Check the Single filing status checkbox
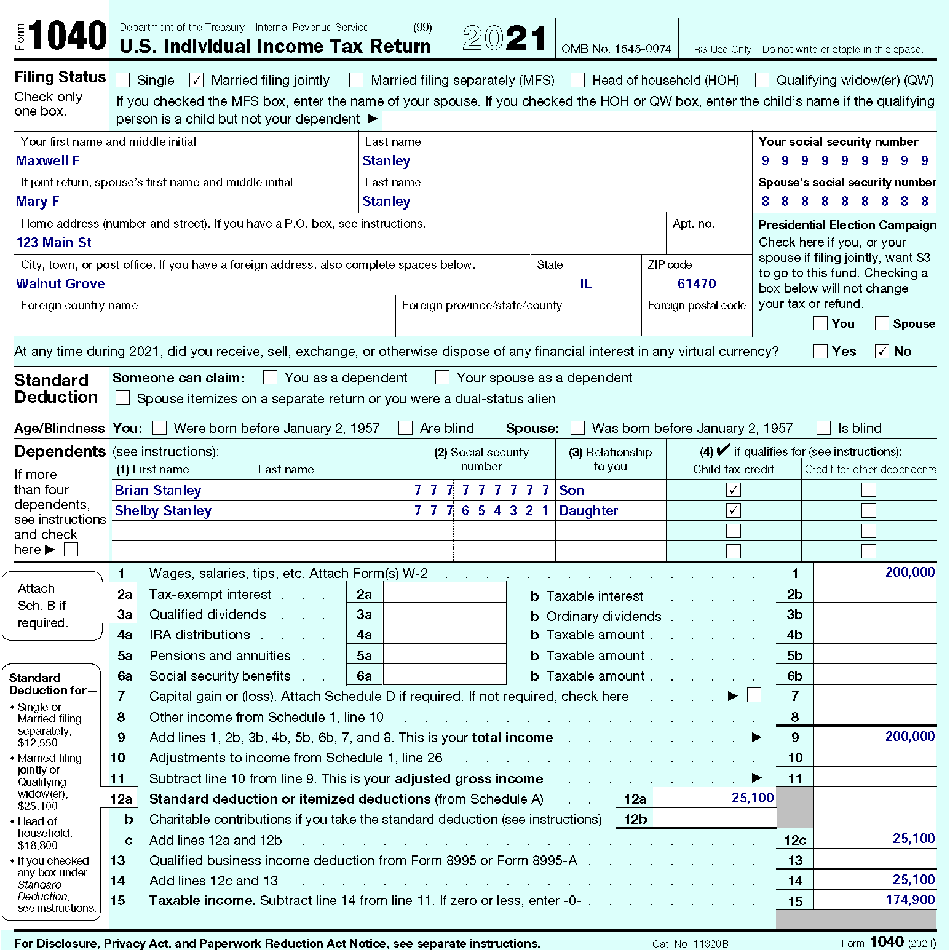tap(123, 80)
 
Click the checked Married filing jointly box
tap(197, 80)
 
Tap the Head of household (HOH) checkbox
tap(577, 80)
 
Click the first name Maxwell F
tap(48, 161)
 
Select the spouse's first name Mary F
tap(38, 202)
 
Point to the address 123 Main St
tap(54, 243)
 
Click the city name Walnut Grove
tap(60, 284)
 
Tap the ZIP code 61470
tap(697, 284)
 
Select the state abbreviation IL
tap(585, 284)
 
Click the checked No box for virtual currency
tap(882, 351)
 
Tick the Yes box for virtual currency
tap(820, 351)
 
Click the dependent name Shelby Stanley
tap(163, 511)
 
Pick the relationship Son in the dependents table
tap(571, 491)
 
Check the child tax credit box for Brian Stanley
tap(734, 490)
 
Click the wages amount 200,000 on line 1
tap(909, 572)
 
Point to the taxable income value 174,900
tap(910, 900)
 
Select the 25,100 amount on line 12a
tap(752, 798)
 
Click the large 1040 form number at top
tap(68, 36)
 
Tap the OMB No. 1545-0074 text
tap(616, 49)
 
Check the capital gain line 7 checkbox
tap(754, 695)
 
